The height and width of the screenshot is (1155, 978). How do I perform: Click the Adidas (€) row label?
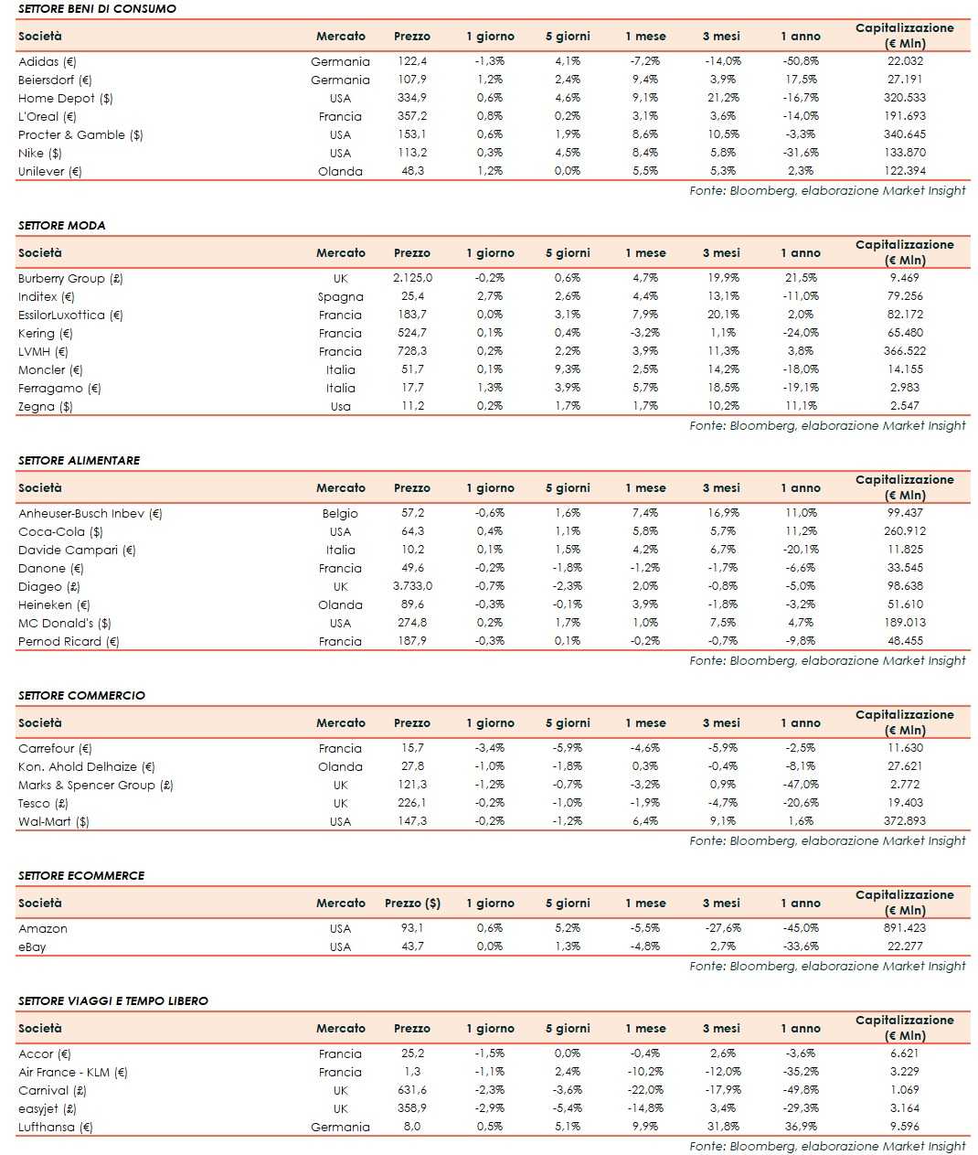48,62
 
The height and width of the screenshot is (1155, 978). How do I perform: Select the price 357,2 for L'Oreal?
411,116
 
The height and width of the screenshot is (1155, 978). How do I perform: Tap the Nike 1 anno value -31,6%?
801,153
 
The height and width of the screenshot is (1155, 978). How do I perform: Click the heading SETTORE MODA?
62,225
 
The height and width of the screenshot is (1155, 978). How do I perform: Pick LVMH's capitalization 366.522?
905,351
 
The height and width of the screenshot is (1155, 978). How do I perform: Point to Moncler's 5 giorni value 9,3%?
568,369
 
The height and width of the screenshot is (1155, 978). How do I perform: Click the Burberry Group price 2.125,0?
412,278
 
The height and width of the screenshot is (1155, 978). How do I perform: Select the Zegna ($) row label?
46,406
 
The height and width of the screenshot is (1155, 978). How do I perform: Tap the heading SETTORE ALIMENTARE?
80,460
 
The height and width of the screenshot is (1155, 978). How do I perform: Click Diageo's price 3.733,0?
412,586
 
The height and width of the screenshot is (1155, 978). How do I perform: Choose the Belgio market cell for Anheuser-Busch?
340,513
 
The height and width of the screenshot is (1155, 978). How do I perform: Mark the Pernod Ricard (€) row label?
69,641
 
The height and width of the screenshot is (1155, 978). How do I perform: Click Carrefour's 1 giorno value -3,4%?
490,748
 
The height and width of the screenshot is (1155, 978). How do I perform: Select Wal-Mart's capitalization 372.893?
905,821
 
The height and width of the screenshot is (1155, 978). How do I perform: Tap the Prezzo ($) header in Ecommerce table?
412,903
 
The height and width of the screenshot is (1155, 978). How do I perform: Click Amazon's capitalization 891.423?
905,928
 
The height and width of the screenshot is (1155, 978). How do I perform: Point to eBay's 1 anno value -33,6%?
801,946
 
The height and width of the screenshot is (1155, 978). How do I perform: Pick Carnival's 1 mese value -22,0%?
645,1090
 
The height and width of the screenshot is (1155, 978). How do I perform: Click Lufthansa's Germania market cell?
340,1127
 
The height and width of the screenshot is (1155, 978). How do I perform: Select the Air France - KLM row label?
73,1072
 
